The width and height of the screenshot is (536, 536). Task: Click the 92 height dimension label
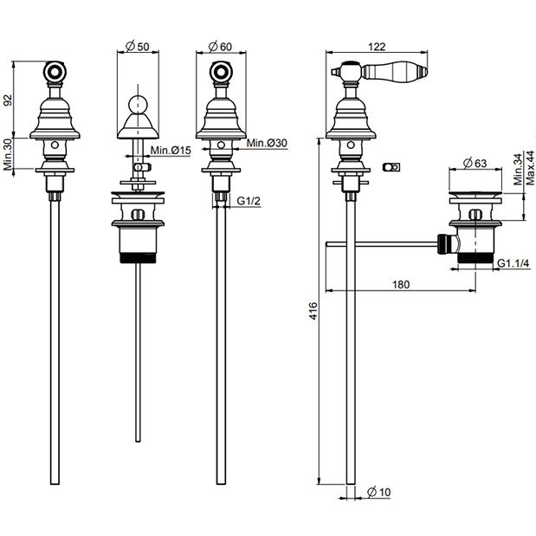[8, 100]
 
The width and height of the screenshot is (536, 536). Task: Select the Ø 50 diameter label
[138, 46]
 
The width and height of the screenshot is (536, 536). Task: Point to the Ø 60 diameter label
[220, 46]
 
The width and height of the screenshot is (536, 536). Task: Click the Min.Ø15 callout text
[171, 150]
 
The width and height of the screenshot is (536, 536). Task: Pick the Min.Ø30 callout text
[267, 143]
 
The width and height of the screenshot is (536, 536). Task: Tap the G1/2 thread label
[249, 201]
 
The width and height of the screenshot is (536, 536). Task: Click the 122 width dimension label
[377, 47]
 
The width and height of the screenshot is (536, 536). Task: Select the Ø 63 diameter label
[475, 164]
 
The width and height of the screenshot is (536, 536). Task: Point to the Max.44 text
[530, 168]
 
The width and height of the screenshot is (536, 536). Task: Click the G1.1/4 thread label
[513, 263]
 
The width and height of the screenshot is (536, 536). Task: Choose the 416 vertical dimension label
[313, 311]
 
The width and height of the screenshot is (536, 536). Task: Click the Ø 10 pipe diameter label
[378, 492]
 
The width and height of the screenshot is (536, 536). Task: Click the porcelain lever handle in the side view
[395, 71]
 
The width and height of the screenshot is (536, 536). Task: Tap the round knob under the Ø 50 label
[138, 105]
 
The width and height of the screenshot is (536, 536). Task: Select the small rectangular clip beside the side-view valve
[391, 167]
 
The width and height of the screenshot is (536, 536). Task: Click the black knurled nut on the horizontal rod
[442, 244]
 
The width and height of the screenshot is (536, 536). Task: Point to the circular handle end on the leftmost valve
[55, 72]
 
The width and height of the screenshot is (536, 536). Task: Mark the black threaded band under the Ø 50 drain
[138, 257]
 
